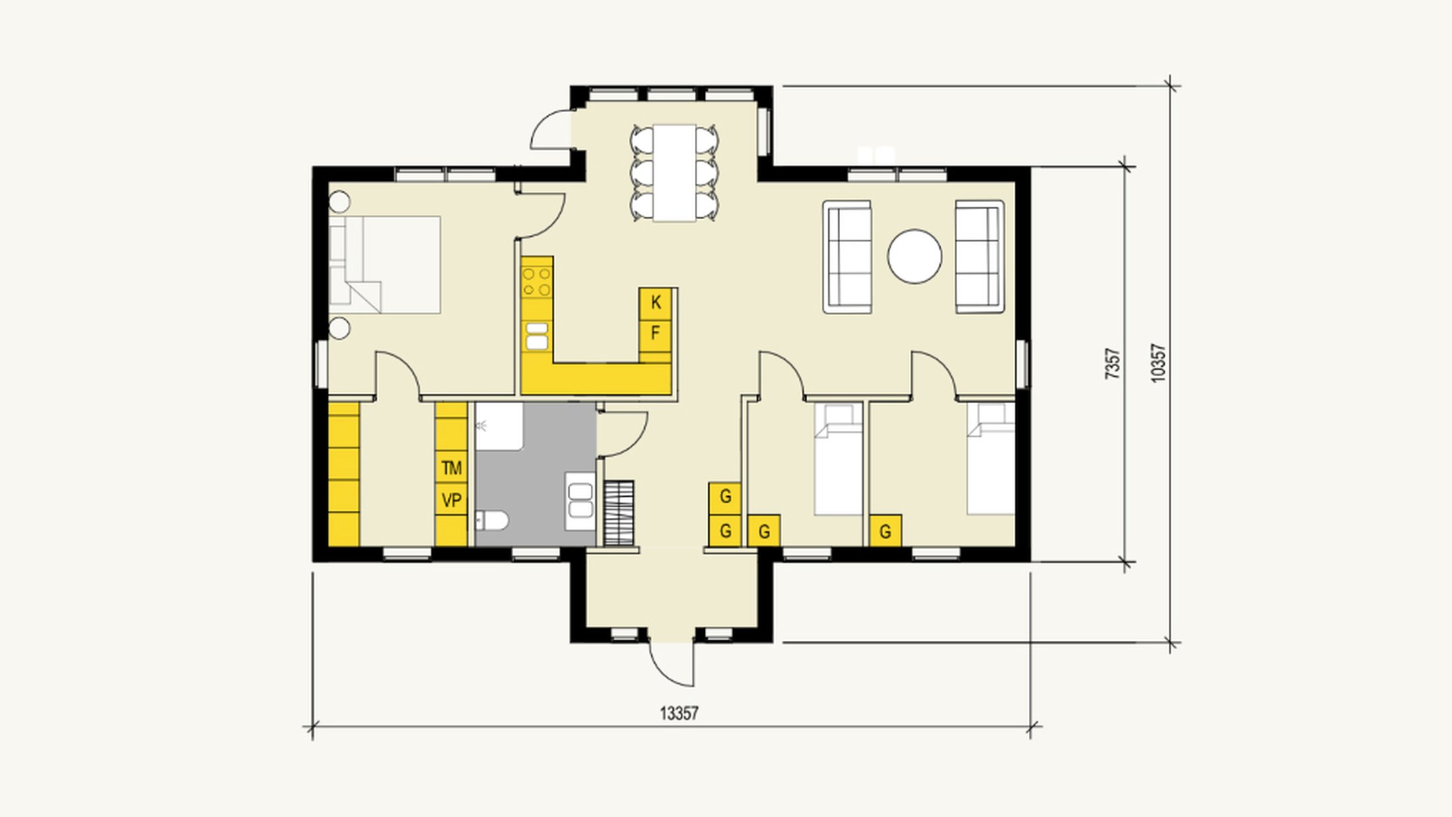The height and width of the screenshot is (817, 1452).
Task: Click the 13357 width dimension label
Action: click(x=679, y=713)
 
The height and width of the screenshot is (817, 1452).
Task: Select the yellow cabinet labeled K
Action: click(x=655, y=303)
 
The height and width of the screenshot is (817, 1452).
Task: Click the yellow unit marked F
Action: click(x=655, y=333)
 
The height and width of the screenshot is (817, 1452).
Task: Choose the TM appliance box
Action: click(x=451, y=468)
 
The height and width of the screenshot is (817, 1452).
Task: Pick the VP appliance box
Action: click(x=451, y=500)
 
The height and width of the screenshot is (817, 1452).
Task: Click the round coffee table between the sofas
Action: click(x=914, y=256)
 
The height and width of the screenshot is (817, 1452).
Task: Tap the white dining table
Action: click(x=675, y=173)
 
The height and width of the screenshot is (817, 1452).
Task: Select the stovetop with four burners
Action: click(x=537, y=281)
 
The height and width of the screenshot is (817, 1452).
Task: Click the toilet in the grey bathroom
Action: click(x=491, y=521)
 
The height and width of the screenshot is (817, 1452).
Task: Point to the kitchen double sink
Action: click(x=537, y=336)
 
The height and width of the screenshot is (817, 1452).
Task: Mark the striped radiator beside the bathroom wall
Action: click(x=619, y=513)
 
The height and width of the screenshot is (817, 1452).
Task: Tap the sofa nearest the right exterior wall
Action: click(x=979, y=257)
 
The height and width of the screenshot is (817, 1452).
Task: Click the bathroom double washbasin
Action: click(x=580, y=500)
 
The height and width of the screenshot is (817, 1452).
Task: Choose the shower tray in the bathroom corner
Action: click(x=499, y=427)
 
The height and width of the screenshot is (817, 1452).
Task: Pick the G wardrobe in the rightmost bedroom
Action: click(x=886, y=531)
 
